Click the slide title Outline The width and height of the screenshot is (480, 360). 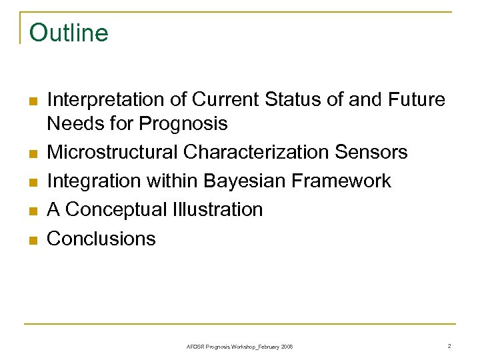pyautogui.click(x=69, y=32)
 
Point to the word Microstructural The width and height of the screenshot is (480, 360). pyautogui.click(x=112, y=153)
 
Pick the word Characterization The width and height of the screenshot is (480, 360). pyautogui.click(x=257, y=153)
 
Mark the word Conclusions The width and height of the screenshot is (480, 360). pyautogui.click(x=101, y=239)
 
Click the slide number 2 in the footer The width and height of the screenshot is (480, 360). pyautogui.click(x=449, y=346)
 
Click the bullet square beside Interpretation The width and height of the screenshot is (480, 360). pyautogui.click(x=31, y=101)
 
